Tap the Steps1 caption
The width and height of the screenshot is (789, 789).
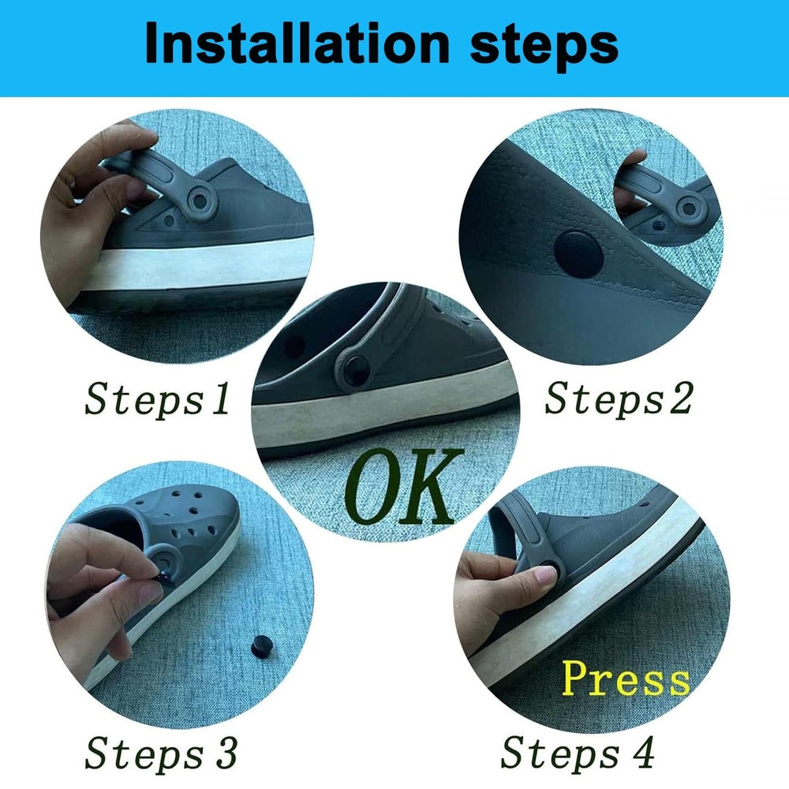point(157,399)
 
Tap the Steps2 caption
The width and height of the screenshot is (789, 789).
point(618,399)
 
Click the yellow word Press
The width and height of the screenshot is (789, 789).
point(625,680)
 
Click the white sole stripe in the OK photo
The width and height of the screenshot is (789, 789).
point(379,422)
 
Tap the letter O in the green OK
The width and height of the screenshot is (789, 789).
point(372,488)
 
